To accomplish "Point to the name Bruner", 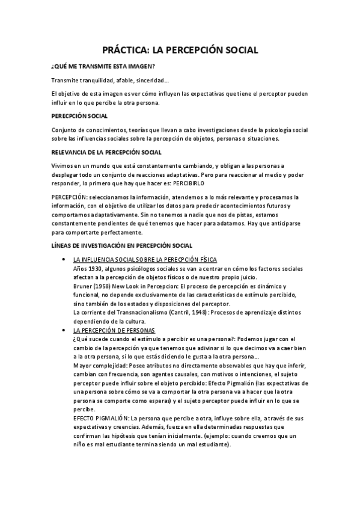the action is pos(82,286).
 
